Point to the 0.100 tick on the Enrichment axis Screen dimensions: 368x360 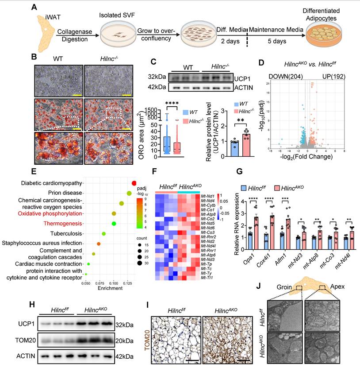point(114,282)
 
